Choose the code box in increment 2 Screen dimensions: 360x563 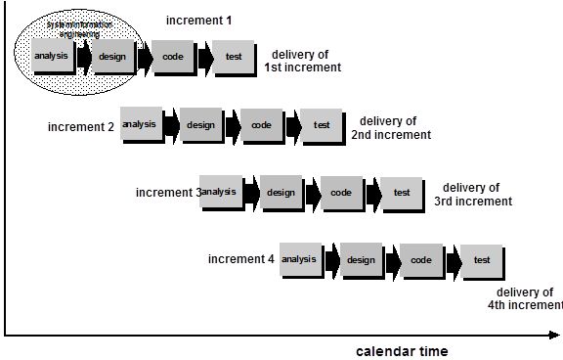click(261, 126)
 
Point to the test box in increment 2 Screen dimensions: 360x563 click(322, 126)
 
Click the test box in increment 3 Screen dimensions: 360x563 click(401, 194)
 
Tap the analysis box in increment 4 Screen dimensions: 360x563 click(300, 260)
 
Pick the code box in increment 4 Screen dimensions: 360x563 click(421, 261)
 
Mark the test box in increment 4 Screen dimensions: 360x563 click(482, 261)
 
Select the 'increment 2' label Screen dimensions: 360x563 click(81, 127)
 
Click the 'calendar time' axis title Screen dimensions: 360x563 click(402, 350)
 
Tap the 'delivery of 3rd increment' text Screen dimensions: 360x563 click(473, 194)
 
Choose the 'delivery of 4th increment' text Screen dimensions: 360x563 click(525, 298)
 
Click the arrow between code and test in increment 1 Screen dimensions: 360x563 click(204, 59)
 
